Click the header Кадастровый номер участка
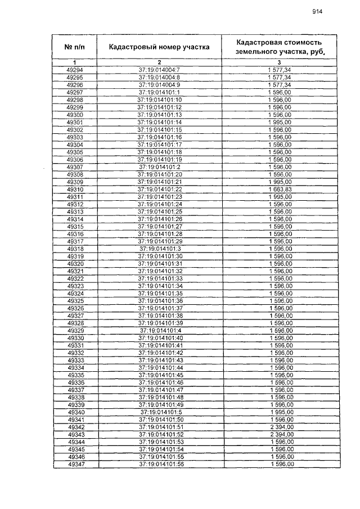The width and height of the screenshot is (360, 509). (x=159, y=47)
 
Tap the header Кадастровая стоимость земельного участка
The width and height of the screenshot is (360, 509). (x=279, y=47)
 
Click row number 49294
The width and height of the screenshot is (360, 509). (x=74, y=69)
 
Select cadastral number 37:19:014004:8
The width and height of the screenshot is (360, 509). (x=159, y=77)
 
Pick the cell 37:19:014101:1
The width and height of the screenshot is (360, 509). (x=159, y=92)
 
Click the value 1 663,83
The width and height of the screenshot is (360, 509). (x=280, y=190)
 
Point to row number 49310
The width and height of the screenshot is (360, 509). (x=75, y=190)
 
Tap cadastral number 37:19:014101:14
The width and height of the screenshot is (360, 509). (x=160, y=122)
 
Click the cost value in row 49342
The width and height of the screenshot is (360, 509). (x=280, y=427)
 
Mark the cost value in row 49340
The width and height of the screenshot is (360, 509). (x=280, y=412)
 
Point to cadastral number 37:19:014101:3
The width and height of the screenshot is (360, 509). (x=160, y=249)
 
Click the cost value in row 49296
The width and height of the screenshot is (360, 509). (x=280, y=84)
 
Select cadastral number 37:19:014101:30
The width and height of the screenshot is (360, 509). (x=160, y=256)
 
